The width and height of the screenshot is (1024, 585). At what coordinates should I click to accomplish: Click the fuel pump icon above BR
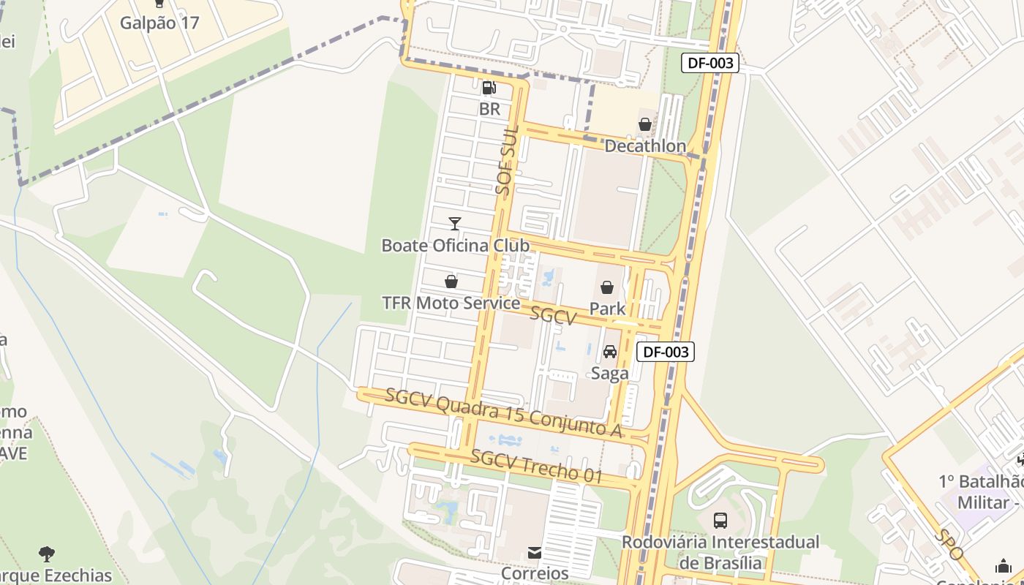coord(489,88)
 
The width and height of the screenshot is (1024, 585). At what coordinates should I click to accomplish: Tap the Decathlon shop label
coord(645,146)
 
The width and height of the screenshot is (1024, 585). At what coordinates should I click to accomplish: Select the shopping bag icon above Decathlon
coord(645,124)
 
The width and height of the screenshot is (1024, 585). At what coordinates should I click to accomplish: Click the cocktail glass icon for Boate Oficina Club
coord(455,223)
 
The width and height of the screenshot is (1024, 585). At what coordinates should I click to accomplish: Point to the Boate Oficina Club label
coord(455,245)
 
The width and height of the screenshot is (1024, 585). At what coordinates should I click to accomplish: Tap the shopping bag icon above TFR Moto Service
coord(451,282)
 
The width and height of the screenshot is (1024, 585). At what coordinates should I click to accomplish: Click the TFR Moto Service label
coord(451,303)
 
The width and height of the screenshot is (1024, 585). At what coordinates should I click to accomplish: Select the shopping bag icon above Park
coord(607,287)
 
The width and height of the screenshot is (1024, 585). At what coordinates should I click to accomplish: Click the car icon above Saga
coord(609,352)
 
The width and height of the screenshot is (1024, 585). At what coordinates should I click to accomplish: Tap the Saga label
coord(609,374)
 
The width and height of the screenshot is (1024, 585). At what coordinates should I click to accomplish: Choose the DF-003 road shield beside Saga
coord(665,352)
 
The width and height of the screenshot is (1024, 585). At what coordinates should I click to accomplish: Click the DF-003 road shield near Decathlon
coord(710,63)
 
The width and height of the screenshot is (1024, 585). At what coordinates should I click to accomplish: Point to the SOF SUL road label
coord(506,160)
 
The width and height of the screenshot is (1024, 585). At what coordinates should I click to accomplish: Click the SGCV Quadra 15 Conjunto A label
coord(504,414)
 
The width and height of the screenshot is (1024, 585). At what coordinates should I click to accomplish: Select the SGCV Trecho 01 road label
coord(536,467)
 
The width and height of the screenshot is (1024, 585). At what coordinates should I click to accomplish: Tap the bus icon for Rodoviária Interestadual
coord(720,521)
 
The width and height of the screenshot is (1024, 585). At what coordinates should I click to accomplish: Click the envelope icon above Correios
coord(535,553)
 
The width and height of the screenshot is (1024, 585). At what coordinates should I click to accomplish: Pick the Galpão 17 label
coord(159,23)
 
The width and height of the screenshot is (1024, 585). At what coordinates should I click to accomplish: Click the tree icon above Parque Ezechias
coord(47,554)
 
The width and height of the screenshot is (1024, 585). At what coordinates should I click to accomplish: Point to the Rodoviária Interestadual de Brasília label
coord(720,552)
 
